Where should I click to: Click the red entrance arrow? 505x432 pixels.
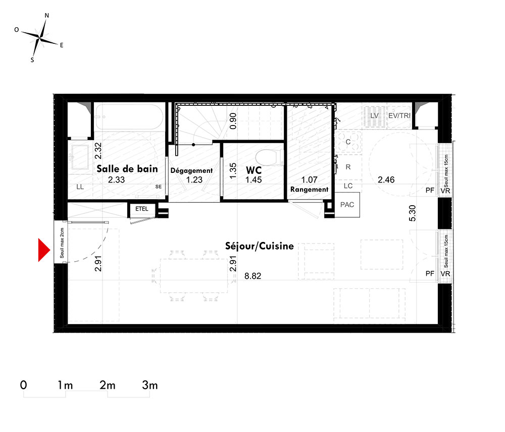tap(44, 250)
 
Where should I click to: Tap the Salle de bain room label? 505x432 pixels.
tap(127, 169)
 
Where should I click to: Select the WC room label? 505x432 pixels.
tap(254, 170)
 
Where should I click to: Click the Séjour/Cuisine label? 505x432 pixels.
tap(259, 246)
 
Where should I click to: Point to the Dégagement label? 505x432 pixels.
tap(191, 171)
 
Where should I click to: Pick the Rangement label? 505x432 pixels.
tap(309, 190)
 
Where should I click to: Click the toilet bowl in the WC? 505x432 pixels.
tap(267, 157)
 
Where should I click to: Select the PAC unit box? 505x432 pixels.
tap(347, 205)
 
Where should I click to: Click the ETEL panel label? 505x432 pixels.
tap(142, 209)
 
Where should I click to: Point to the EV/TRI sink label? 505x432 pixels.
tap(399, 116)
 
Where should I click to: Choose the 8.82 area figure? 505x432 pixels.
tap(253, 276)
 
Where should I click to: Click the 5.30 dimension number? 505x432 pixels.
tap(412, 213)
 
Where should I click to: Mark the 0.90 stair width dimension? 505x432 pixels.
tap(233, 121)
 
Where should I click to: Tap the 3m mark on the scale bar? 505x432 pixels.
tap(150, 385)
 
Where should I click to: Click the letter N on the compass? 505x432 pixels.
tap(46, 16)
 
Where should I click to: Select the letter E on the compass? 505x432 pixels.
tap(62, 45)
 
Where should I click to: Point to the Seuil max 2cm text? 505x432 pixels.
tap(62, 243)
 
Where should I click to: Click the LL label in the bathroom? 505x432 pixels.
tap(80, 187)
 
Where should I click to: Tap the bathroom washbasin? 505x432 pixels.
tap(80, 157)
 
